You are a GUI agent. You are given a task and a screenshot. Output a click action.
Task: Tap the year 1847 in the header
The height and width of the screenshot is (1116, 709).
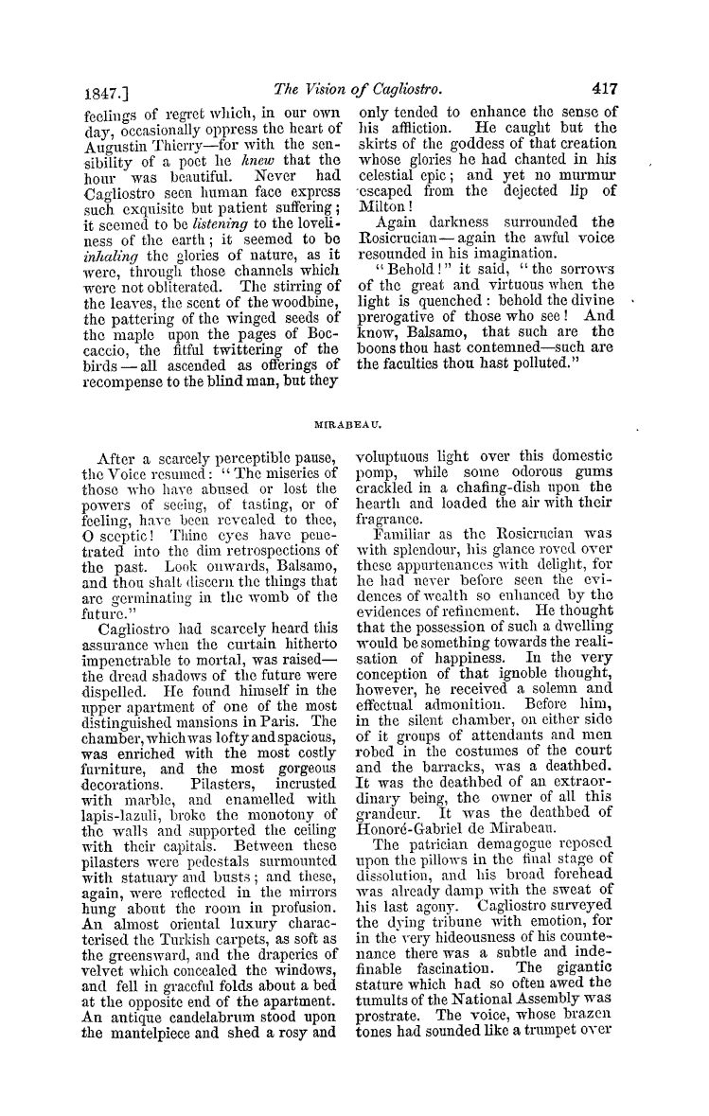tap(95, 92)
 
